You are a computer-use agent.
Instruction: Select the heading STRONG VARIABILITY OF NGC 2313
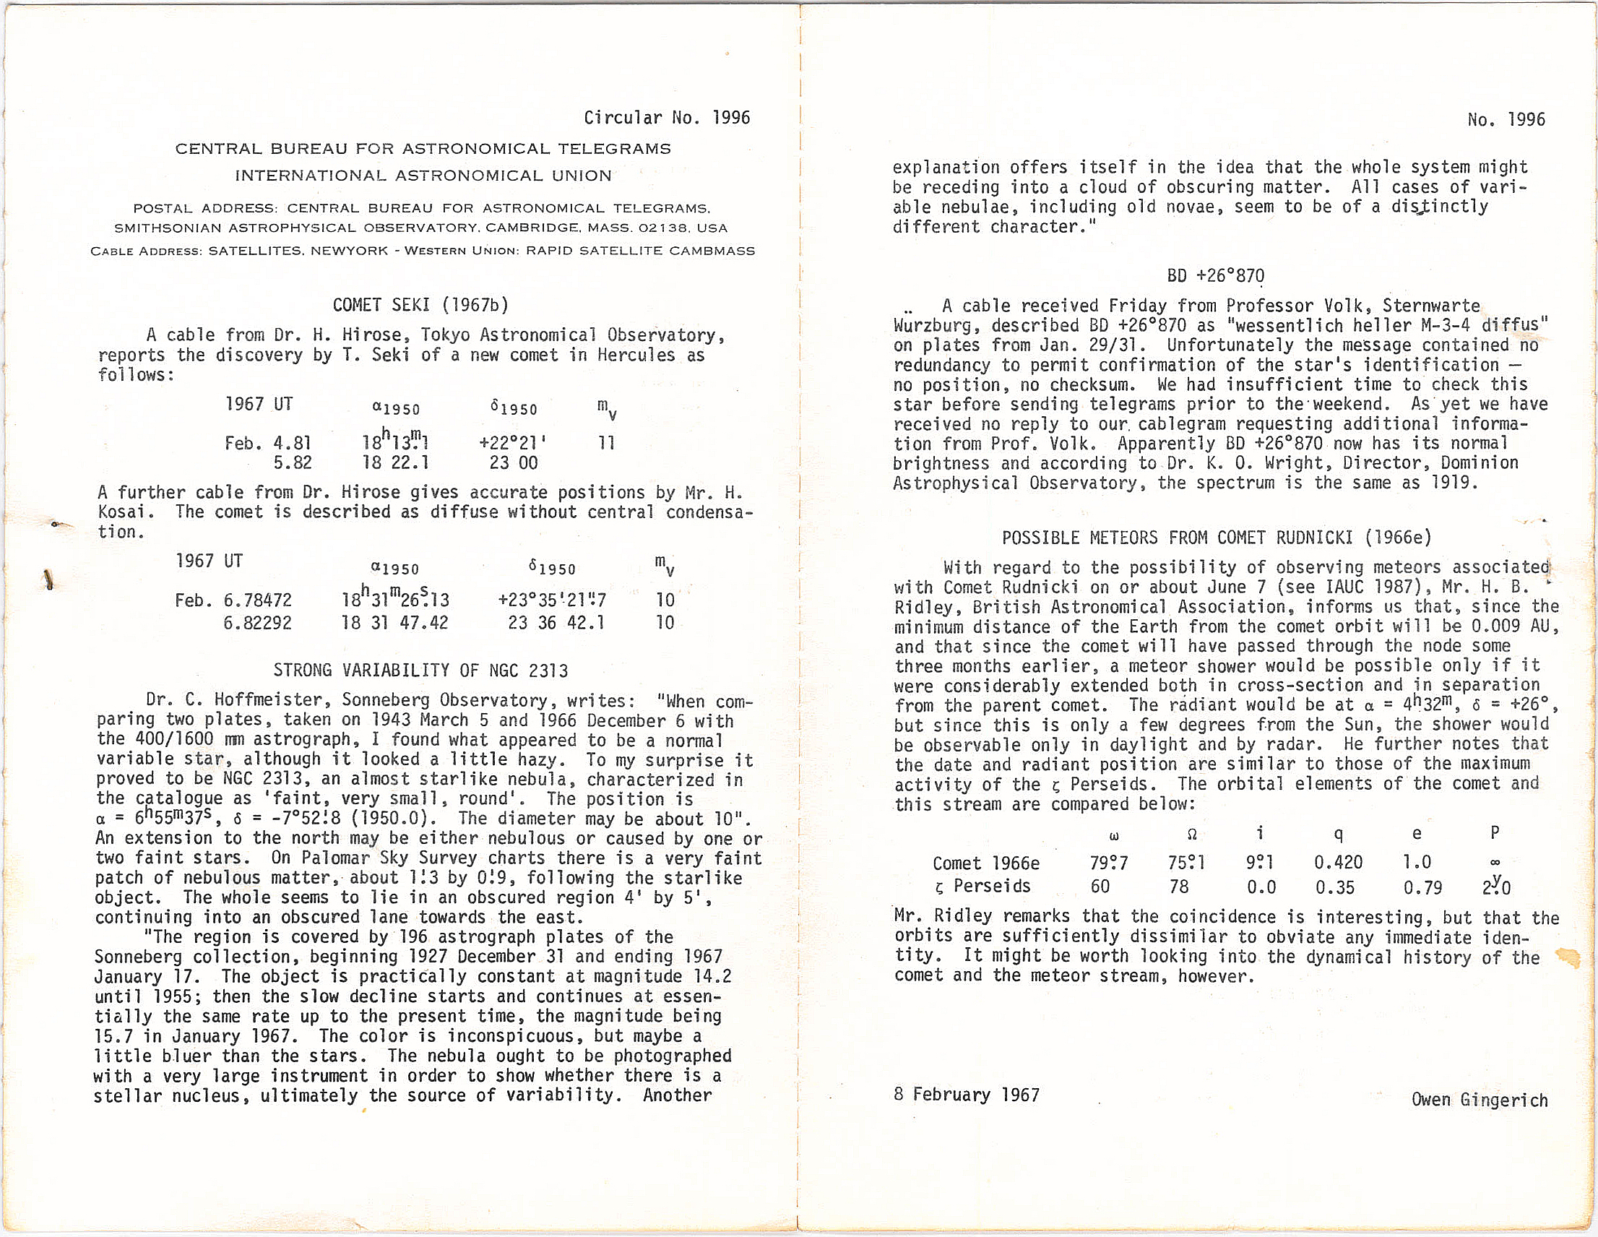(420, 670)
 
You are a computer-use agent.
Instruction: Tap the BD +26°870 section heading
(1215, 276)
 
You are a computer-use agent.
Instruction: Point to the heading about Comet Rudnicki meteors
(1216, 538)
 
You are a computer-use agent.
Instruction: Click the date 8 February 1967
(966, 1095)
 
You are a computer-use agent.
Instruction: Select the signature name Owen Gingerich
(1479, 1100)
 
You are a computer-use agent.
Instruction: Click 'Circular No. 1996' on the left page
(667, 118)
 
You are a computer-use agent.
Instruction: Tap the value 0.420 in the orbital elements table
(1338, 862)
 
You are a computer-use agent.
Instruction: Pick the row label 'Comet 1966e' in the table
(985, 863)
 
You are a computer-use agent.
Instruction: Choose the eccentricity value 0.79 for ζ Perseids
(1422, 888)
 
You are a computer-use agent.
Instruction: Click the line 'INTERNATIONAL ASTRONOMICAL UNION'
(423, 176)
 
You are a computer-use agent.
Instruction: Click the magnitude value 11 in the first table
(607, 443)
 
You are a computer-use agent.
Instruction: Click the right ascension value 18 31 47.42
(394, 623)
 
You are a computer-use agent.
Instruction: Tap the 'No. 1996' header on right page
(1506, 120)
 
